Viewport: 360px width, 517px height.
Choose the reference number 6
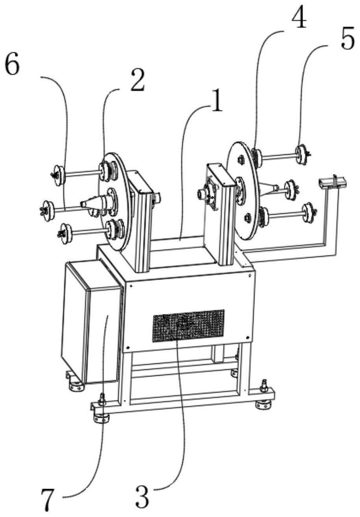tap(12, 64)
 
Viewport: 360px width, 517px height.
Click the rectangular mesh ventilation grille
tap(188, 325)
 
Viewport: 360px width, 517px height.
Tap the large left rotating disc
tap(115, 201)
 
